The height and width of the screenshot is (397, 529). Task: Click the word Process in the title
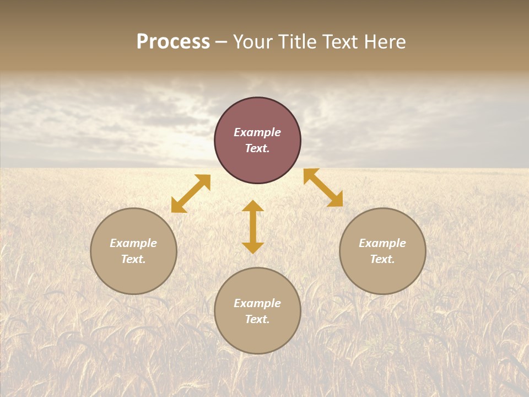tap(173, 42)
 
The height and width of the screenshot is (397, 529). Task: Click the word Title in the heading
tap(297, 42)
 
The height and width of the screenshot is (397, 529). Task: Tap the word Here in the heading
tap(385, 42)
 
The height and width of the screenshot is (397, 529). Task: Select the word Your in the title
tap(253, 42)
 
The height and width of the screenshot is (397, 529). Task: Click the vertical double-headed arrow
tap(253, 227)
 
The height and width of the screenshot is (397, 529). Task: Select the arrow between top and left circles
tap(191, 194)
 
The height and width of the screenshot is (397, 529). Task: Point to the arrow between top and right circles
tap(323, 188)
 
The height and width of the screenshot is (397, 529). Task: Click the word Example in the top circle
tap(257, 132)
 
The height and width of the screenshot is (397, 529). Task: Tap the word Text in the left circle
tap(133, 259)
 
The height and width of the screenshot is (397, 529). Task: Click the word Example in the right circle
tap(382, 243)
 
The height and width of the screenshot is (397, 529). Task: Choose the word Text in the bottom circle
tap(257, 319)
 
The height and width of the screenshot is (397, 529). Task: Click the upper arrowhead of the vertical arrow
tap(253, 206)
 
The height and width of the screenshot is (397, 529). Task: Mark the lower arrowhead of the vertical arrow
tap(253, 248)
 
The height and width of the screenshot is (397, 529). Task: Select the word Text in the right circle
tap(382, 259)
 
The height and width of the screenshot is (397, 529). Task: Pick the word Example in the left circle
tap(133, 243)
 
